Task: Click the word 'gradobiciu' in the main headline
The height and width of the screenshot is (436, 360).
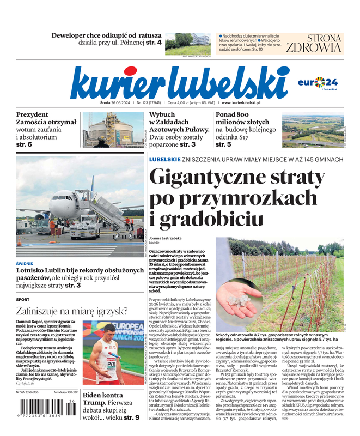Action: tap(209, 219)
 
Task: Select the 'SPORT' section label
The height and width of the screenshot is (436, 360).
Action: tap(23, 299)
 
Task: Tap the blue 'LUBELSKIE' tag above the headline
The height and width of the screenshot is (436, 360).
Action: tap(165, 159)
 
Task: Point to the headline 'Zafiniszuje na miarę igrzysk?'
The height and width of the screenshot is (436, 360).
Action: tap(71, 311)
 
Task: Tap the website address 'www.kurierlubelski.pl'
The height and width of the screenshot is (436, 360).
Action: tap(241, 102)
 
